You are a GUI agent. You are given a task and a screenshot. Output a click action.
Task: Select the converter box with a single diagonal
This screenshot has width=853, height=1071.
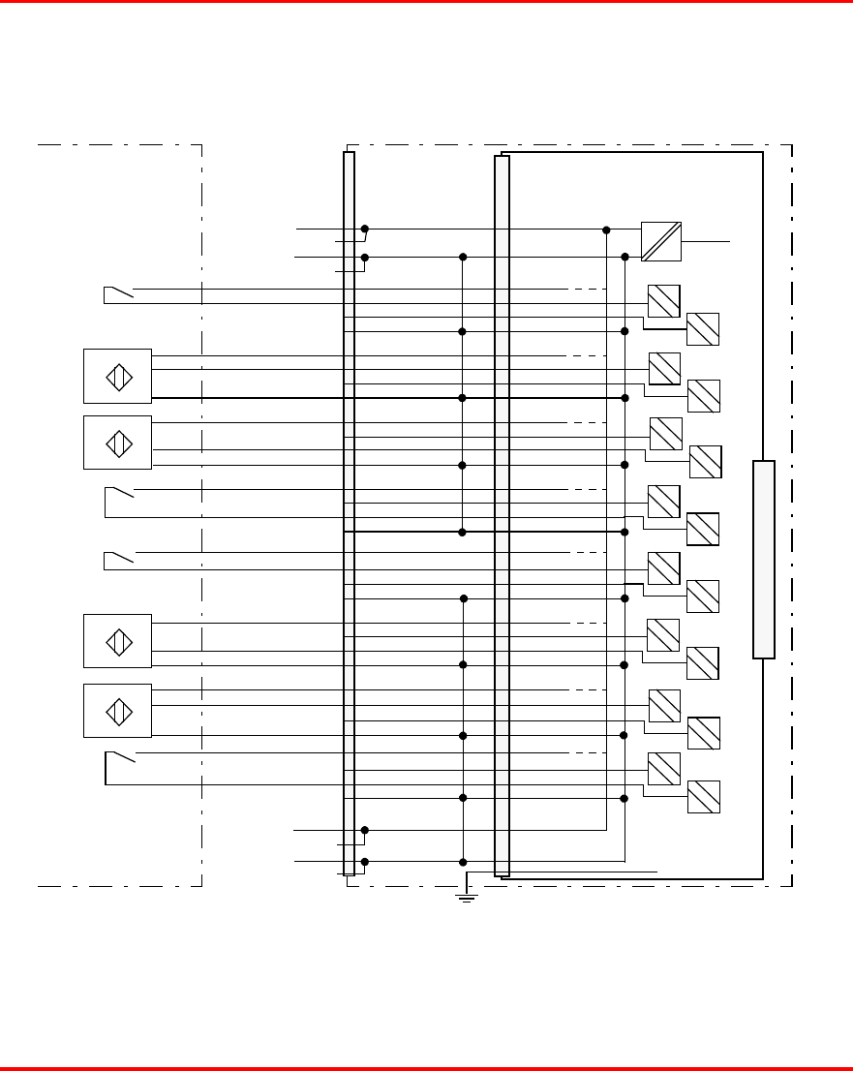(x=661, y=241)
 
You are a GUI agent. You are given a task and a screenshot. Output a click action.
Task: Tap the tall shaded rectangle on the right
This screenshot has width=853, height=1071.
(x=764, y=560)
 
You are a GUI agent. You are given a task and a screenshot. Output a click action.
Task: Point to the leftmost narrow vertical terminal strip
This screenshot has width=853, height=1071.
(x=349, y=513)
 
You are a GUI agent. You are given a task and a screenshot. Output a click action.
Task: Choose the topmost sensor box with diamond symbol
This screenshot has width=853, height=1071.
(x=117, y=376)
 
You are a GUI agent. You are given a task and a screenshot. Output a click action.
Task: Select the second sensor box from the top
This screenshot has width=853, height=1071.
(x=117, y=443)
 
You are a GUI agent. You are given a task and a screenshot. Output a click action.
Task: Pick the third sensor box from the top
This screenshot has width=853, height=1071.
(x=117, y=641)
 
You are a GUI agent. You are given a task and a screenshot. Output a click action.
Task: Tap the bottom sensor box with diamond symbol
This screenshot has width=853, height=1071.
(x=117, y=711)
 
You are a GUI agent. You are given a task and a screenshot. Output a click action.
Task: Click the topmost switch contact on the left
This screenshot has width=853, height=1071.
(x=118, y=291)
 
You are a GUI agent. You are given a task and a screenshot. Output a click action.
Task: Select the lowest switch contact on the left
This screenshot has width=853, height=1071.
(x=120, y=756)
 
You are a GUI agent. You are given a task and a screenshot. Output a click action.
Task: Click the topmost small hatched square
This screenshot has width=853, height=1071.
(x=663, y=301)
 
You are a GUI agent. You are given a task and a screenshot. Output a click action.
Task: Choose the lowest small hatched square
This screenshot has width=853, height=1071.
(x=703, y=797)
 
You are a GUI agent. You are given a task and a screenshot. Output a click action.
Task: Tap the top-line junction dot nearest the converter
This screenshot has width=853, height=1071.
(x=606, y=230)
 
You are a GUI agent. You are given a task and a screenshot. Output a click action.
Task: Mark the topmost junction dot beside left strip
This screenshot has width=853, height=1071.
(x=365, y=229)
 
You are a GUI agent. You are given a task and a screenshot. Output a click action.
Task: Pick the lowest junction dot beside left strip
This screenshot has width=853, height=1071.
(x=365, y=862)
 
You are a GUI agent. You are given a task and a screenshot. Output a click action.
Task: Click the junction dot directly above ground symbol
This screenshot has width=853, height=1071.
(x=463, y=862)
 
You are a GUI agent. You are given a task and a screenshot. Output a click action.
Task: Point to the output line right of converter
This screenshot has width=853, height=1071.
(x=706, y=240)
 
